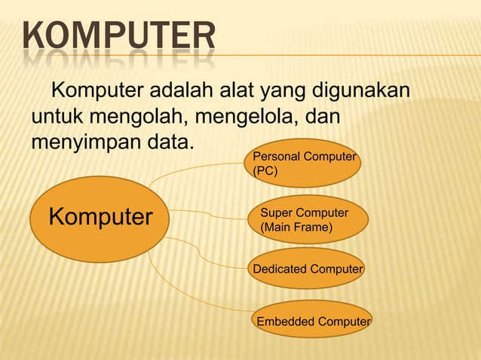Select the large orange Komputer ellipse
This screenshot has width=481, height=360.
click(x=100, y=218)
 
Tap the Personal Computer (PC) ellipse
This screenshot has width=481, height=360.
click(x=305, y=163)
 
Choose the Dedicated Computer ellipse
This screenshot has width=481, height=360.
click(x=307, y=269)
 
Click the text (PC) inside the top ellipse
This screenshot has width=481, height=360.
click(x=265, y=171)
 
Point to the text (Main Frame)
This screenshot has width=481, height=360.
click(x=296, y=227)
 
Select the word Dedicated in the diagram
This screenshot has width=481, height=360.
click(x=276, y=269)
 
